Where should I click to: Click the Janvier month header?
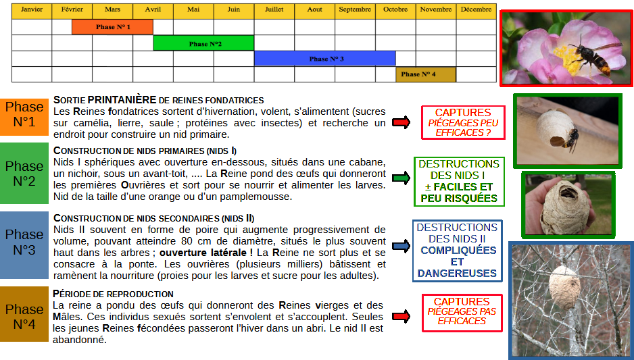[x=32, y=10]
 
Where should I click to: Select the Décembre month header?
[x=477, y=10]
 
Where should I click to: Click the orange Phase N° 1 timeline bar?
[x=112, y=27]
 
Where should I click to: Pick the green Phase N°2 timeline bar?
[x=203, y=43]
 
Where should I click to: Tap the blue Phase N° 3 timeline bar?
[x=325, y=59]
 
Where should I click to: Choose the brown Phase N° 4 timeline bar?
[x=426, y=74]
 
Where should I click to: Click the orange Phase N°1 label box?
[x=24, y=115]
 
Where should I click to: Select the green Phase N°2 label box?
[x=24, y=174]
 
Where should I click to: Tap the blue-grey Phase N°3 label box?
[x=24, y=242]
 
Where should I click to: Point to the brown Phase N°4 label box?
[x=24, y=316]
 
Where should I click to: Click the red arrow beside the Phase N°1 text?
[x=401, y=122]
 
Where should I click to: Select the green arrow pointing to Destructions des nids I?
[x=401, y=178]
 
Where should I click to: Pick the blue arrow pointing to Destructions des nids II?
[x=401, y=246]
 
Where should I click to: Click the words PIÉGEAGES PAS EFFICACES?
[x=462, y=316]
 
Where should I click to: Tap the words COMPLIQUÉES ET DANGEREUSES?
[x=457, y=261]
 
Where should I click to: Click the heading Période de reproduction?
[x=114, y=294]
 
